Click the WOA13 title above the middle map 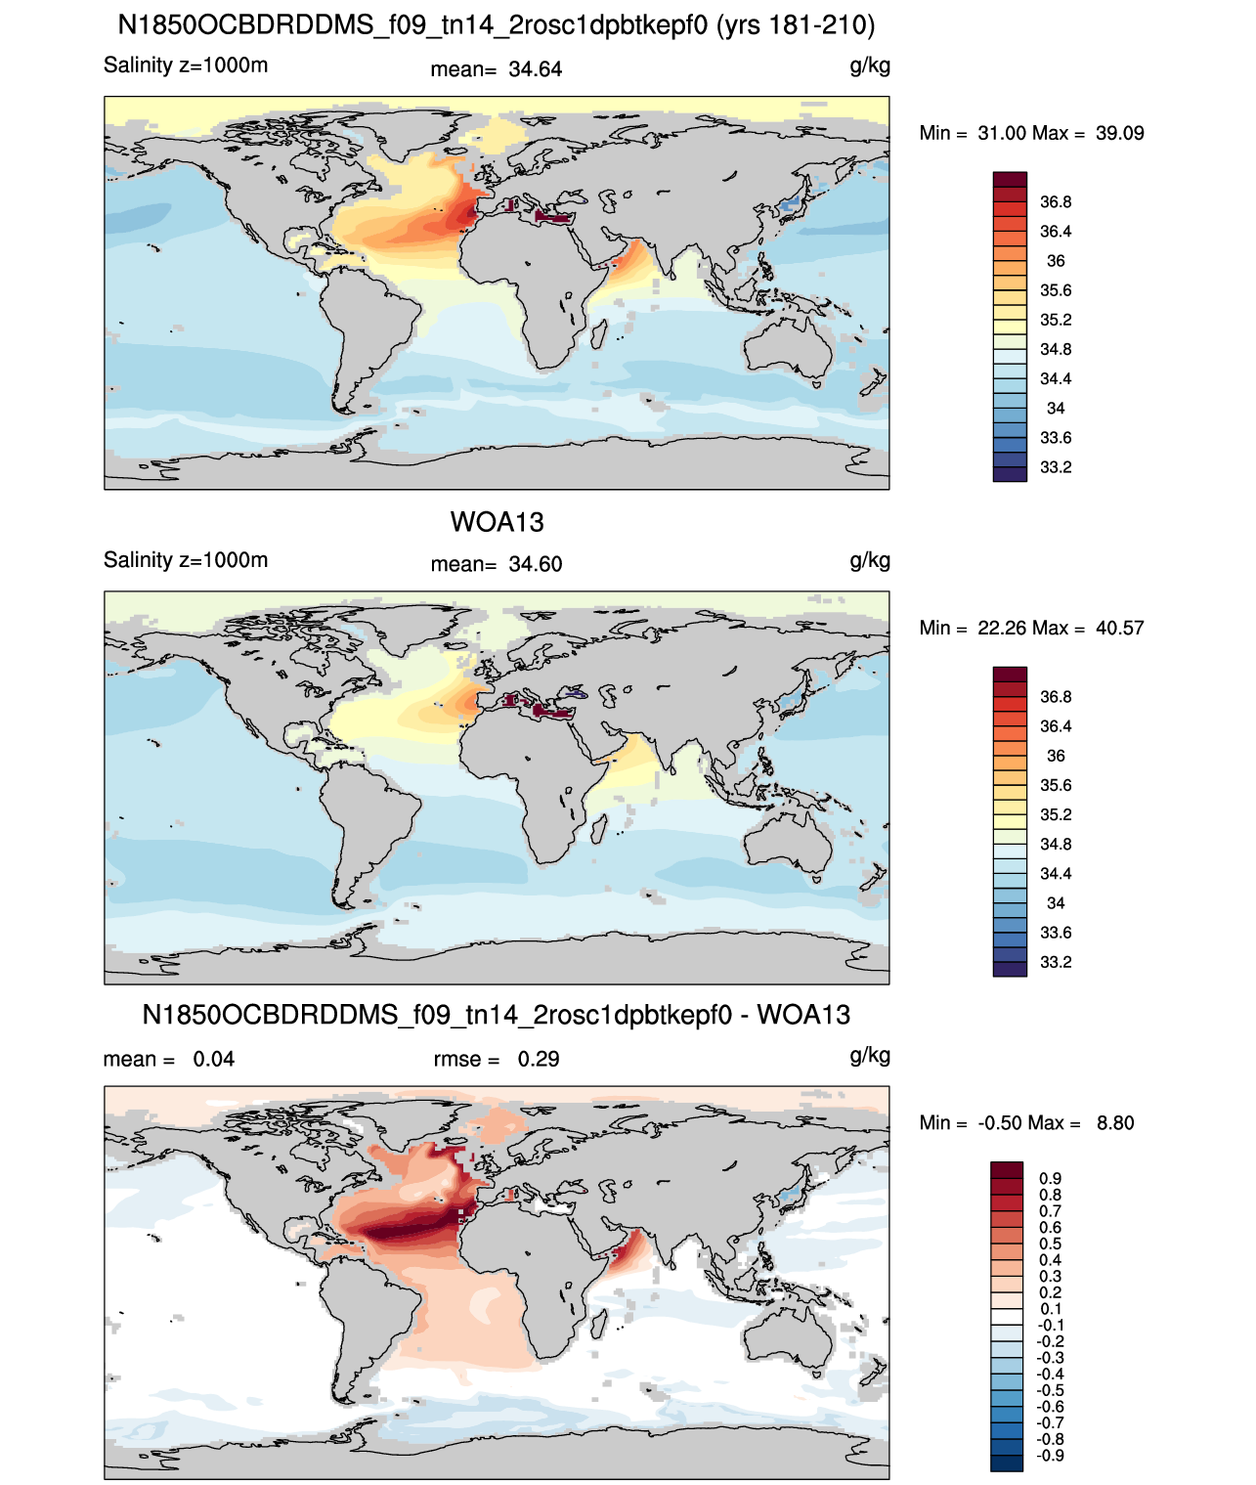click(497, 522)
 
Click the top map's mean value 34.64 click(535, 69)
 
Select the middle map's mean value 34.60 click(535, 565)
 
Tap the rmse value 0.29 click(538, 1060)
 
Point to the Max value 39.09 click(1119, 133)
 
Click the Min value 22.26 click(1001, 628)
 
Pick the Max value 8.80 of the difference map click(1115, 1123)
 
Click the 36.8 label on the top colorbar click(1056, 202)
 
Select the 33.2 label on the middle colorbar click(1056, 962)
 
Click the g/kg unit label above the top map click(870, 66)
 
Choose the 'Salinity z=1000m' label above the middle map click(186, 560)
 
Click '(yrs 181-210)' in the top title click(796, 25)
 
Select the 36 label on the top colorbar click(1056, 261)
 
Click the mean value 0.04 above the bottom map click(213, 1060)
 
